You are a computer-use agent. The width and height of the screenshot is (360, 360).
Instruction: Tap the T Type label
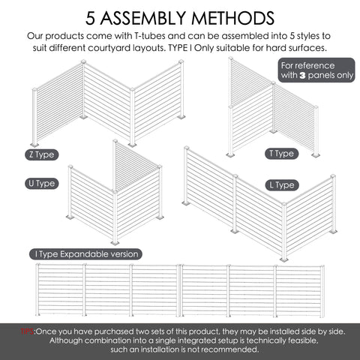pos(281,154)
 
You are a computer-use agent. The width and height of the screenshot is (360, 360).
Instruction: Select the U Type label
pos(43,183)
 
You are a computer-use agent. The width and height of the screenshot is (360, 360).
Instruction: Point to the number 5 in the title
pos(91,17)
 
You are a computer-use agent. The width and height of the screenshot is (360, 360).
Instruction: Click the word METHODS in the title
pos(232,17)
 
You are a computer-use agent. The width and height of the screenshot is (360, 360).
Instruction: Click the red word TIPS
pos(28,330)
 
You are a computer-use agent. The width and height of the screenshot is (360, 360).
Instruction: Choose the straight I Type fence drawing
pos(180,289)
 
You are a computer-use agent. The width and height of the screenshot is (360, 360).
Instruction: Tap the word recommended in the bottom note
pos(227,349)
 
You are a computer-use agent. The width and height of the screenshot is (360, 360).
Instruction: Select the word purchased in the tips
pos(120,330)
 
